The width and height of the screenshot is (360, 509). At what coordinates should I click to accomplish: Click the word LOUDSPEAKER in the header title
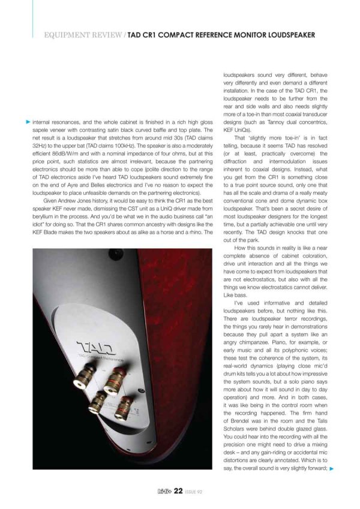pyautogui.click(x=284, y=35)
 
